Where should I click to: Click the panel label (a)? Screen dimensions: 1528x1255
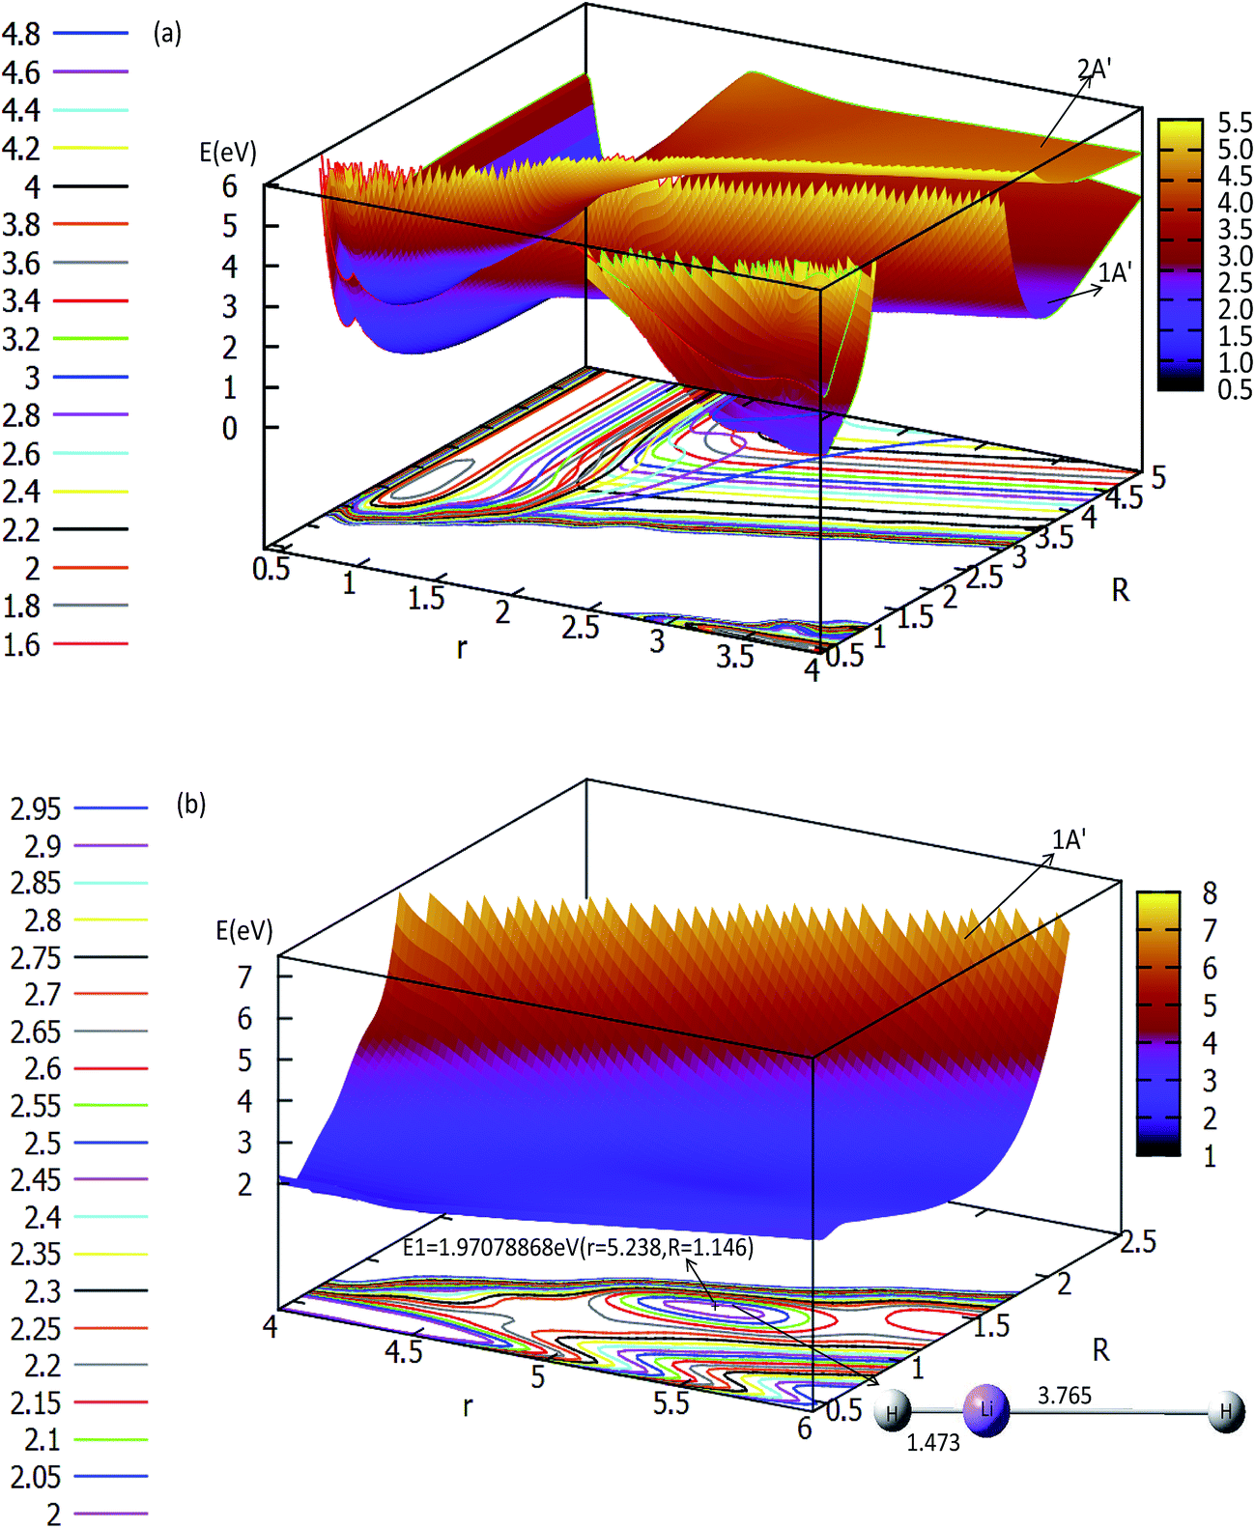(x=167, y=33)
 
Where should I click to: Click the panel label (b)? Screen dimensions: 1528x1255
(x=190, y=804)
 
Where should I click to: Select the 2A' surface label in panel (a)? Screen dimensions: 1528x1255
(x=1094, y=69)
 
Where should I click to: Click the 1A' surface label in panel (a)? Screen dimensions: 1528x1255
(x=1114, y=272)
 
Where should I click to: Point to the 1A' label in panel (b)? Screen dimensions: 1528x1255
(x=1069, y=839)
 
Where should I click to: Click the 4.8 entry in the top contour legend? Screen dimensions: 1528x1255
(x=21, y=34)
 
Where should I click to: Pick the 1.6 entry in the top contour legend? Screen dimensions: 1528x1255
(x=21, y=644)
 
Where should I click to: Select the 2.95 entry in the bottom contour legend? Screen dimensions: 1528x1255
(x=35, y=808)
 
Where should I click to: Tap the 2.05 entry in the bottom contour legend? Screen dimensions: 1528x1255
(x=35, y=1477)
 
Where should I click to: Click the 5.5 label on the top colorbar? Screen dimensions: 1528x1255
(x=1234, y=123)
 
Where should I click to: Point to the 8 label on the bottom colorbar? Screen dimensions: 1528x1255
(x=1209, y=892)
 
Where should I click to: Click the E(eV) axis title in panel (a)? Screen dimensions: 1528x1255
(x=228, y=152)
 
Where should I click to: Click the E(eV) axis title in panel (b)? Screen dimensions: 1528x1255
(x=244, y=930)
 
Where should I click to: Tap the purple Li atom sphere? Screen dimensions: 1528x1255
(x=986, y=1410)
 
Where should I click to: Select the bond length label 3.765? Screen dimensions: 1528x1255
(x=1064, y=1395)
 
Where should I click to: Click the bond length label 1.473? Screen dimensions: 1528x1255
(x=932, y=1442)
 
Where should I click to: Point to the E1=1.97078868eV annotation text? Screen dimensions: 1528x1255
(x=578, y=1247)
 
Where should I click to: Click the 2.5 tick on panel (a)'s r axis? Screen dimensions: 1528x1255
(x=580, y=627)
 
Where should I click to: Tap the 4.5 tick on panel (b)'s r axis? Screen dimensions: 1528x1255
(x=403, y=1351)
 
